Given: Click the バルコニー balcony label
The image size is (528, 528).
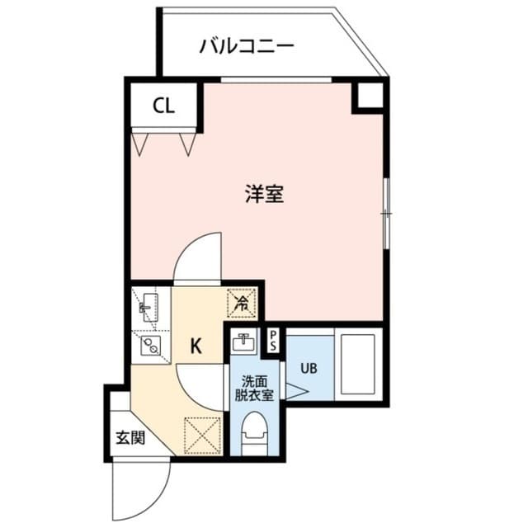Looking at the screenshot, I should (246, 46).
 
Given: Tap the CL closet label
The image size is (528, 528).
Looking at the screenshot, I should (164, 106).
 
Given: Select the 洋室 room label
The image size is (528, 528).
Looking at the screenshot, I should (264, 195).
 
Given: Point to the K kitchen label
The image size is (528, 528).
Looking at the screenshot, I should (196, 346).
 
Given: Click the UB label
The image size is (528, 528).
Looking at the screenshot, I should (308, 369).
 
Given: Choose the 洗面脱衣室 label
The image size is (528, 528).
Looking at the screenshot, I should (254, 388).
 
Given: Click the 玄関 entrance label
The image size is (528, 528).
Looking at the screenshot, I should (130, 437).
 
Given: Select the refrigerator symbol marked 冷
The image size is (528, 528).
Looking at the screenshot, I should (242, 304).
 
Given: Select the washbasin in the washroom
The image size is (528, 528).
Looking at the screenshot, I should (243, 340).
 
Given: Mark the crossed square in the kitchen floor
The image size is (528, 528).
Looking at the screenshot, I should (201, 434).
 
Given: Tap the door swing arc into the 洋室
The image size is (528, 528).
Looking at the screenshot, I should (198, 256).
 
